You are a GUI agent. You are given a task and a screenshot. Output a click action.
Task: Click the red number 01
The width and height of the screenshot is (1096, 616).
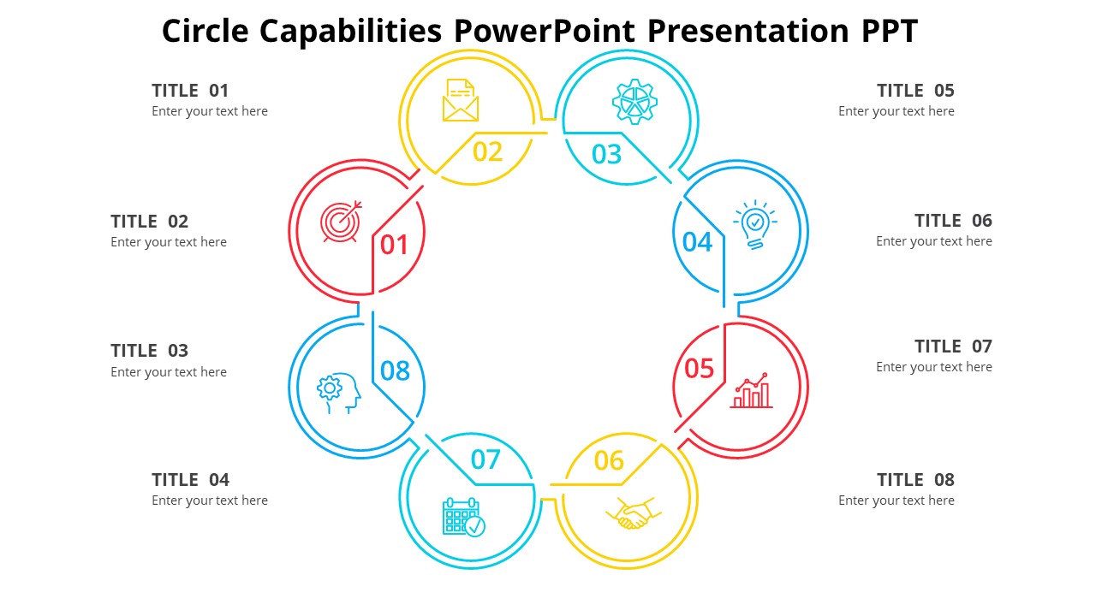[x=395, y=246]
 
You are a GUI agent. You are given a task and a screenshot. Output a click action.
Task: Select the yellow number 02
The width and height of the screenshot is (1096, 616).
[x=488, y=151]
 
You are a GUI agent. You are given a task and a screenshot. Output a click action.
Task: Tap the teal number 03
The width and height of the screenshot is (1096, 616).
[x=606, y=154]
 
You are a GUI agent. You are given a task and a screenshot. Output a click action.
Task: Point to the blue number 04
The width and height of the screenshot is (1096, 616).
[x=697, y=242]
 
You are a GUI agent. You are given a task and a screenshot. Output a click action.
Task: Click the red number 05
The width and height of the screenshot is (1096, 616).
[x=699, y=369]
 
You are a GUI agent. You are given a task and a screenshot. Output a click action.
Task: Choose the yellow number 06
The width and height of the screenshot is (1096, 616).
[x=609, y=461]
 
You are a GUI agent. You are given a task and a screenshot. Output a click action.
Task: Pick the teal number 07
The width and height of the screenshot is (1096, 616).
[x=485, y=459]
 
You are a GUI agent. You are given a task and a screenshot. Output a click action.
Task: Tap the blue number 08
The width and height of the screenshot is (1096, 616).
[x=395, y=370]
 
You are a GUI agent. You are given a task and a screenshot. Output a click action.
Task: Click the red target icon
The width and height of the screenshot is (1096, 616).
[x=341, y=222]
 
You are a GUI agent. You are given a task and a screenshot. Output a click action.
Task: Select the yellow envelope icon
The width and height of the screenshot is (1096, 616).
[x=461, y=100]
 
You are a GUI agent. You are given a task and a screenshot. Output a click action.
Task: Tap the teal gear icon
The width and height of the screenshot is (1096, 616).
[x=634, y=102]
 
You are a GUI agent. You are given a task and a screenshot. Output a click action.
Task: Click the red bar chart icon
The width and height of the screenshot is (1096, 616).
[x=752, y=391]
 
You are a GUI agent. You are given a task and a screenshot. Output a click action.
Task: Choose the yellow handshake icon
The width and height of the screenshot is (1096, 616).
[x=634, y=513]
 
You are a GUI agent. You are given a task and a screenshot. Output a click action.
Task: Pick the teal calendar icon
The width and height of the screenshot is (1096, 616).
[x=463, y=517]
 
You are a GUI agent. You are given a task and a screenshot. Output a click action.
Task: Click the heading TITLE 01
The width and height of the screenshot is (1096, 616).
[x=190, y=91]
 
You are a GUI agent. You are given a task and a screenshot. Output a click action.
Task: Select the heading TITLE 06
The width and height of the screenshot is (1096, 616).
[x=953, y=221]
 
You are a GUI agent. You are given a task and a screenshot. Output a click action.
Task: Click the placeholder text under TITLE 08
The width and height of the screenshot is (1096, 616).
[x=896, y=500]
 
